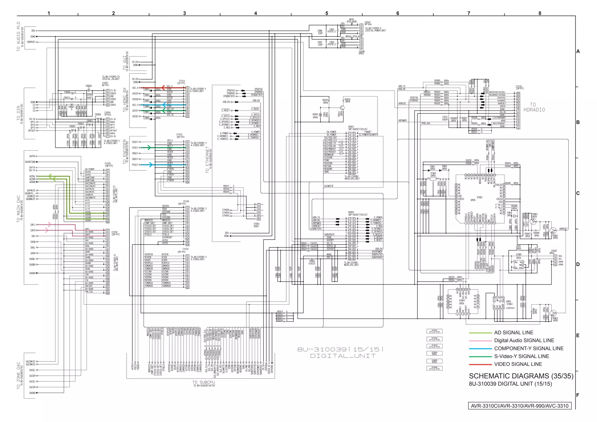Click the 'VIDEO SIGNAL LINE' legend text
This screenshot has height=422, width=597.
point(518,364)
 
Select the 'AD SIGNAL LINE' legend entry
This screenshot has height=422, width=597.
point(513,333)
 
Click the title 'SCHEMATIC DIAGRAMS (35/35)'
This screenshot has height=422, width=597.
point(521,376)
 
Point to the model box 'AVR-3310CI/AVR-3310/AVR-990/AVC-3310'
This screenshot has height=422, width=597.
point(519,406)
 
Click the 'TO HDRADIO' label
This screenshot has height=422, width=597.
point(534,107)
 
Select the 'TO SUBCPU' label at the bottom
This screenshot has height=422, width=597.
point(203,382)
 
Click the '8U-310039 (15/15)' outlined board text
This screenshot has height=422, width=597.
point(340,349)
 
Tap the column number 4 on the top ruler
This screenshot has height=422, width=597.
point(255,13)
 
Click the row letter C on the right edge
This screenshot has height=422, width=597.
point(578,193)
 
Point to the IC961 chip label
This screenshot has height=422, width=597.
point(479,197)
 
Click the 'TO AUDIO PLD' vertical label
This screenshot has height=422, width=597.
point(19,36)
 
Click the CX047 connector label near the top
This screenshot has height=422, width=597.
point(367,22)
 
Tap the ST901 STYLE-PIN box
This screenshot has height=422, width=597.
point(434,331)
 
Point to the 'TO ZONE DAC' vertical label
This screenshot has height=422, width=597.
point(19,375)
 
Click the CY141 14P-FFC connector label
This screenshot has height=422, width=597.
point(186,201)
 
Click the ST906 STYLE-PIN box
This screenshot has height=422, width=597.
point(434,368)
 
